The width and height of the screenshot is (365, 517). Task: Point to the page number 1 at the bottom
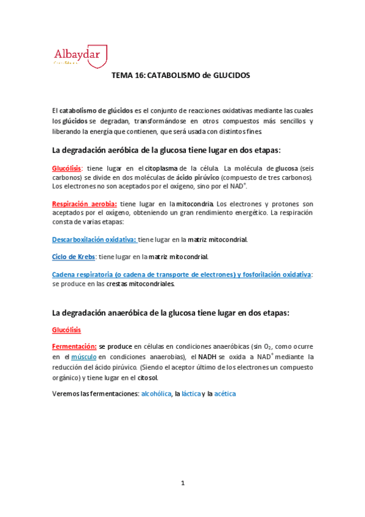(182, 483)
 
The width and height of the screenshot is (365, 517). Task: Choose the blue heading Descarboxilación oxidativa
(94, 240)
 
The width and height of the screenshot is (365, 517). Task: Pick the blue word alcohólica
(155, 394)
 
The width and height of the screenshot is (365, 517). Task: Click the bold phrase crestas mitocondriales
(140, 283)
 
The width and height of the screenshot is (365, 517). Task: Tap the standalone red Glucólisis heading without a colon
(67, 330)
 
